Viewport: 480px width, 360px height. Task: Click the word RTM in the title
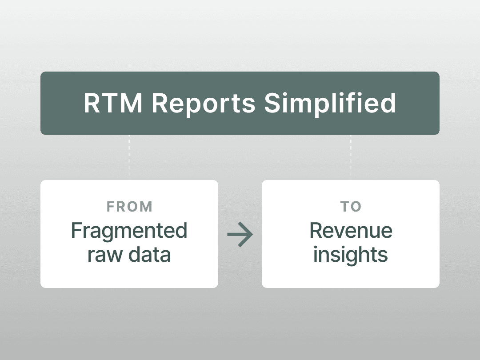(113, 103)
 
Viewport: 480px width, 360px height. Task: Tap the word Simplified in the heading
(330, 104)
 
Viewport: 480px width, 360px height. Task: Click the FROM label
(129, 207)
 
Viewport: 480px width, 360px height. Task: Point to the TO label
(351, 207)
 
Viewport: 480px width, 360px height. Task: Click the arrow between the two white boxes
(240, 235)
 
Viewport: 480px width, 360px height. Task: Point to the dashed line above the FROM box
(129, 156)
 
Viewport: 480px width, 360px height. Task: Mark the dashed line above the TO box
(351, 156)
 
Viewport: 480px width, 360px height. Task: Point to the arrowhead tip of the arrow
(253, 235)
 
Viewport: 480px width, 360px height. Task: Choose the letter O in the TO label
(356, 207)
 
